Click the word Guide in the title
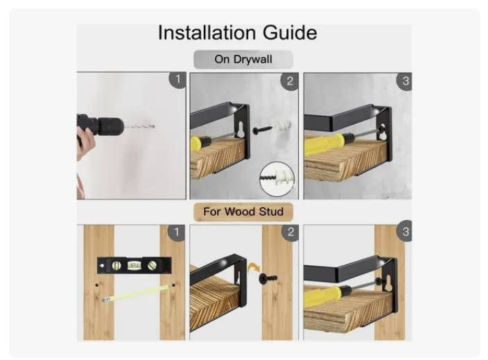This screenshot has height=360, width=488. click(x=290, y=33)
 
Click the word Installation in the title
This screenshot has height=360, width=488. click(x=207, y=33)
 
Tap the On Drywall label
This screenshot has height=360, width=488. click(x=243, y=59)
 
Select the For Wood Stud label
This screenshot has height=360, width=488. click(x=243, y=212)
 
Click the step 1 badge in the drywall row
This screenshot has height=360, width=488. click(x=177, y=79)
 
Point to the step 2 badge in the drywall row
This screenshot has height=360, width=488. click(x=290, y=81)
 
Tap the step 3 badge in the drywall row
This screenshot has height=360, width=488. click(x=405, y=81)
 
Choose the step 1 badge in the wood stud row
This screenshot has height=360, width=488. click(x=177, y=232)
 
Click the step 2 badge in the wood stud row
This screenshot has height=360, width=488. click(x=290, y=232)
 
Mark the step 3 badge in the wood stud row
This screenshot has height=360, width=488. click(x=405, y=232)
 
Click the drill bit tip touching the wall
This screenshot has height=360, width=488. click(x=154, y=126)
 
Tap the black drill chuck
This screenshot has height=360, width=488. click(x=110, y=126)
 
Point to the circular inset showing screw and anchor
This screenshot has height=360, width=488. click(x=277, y=179)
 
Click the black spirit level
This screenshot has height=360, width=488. click(x=134, y=266)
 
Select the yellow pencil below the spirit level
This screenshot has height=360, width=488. click(x=135, y=293)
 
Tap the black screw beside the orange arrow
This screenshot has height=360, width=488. click(x=268, y=277)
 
